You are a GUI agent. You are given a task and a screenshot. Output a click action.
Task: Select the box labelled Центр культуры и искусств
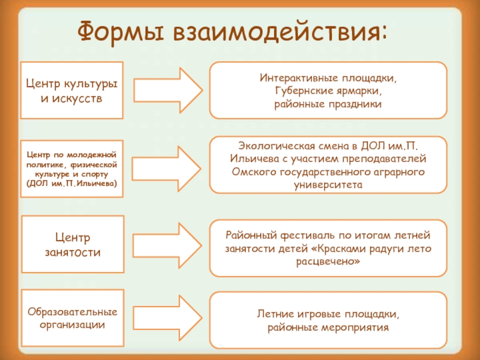point(71,89)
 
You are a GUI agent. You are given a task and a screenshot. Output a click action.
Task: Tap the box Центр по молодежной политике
point(71,168)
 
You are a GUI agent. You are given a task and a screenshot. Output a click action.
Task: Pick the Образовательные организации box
point(71,319)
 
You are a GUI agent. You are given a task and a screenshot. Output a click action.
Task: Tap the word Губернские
point(302,91)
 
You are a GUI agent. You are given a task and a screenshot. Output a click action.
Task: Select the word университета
point(328,185)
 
